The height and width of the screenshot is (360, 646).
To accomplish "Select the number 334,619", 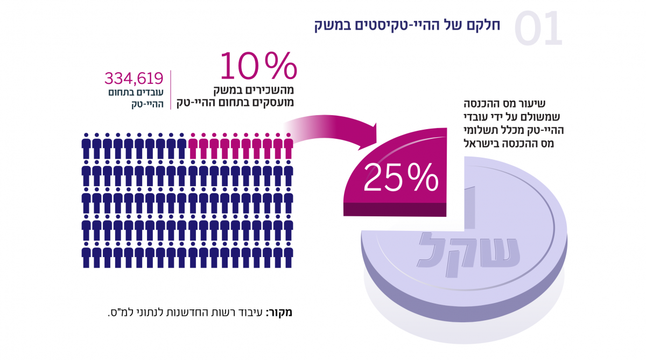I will [x=134, y=79].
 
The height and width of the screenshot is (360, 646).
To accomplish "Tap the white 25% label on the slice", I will [x=401, y=177].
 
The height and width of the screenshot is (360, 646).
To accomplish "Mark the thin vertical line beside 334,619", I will [x=171, y=89].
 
